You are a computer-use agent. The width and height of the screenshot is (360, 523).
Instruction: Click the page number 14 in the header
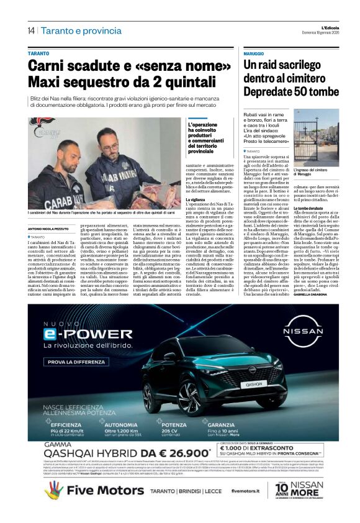(x=30, y=30)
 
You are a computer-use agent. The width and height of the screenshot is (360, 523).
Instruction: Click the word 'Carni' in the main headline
(x=51, y=67)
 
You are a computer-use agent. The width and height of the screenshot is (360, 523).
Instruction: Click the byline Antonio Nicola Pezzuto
(x=50, y=230)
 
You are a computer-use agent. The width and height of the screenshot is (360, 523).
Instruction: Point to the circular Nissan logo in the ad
(x=302, y=336)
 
